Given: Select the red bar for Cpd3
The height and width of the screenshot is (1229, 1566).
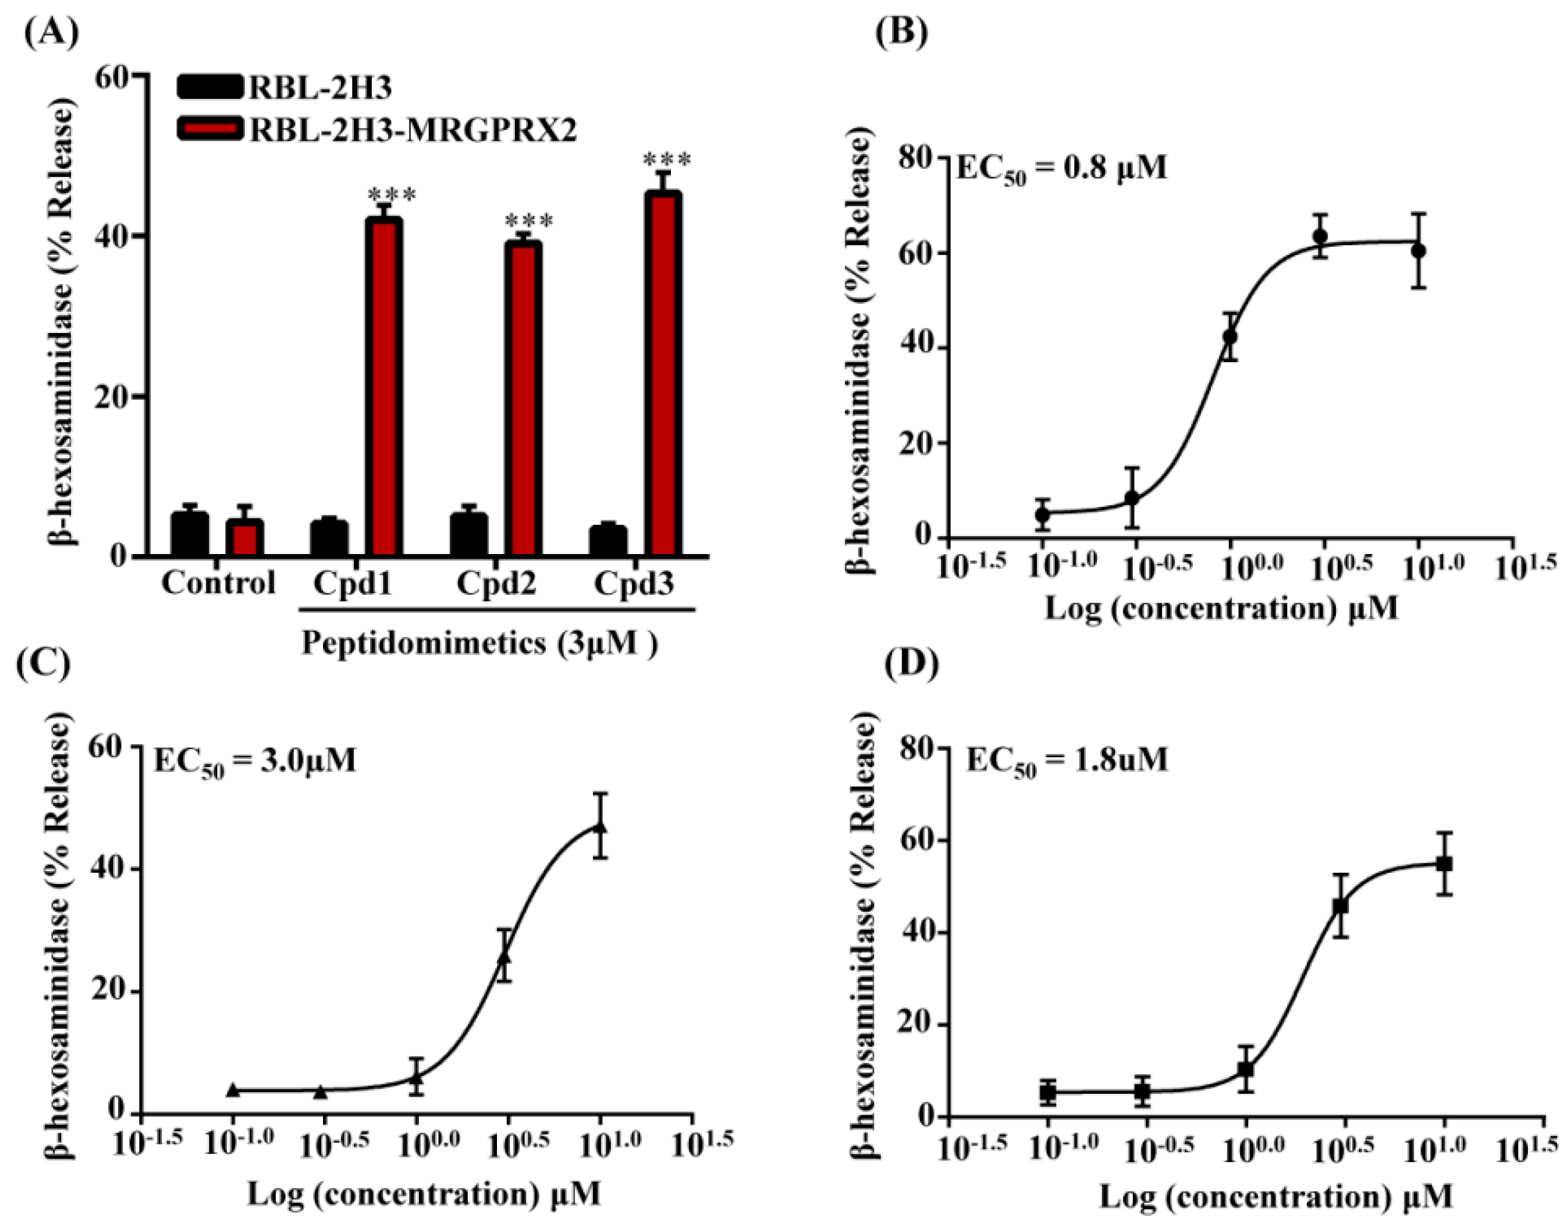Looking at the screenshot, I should pos(662,374).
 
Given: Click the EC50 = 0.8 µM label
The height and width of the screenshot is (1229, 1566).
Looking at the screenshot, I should pos(1060,170).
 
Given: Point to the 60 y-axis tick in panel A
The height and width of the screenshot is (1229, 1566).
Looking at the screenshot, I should pos(112,76).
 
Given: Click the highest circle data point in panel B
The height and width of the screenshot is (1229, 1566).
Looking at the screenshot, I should pos(1319,236).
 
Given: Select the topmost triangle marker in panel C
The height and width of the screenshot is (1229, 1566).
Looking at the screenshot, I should pos(600,827).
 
